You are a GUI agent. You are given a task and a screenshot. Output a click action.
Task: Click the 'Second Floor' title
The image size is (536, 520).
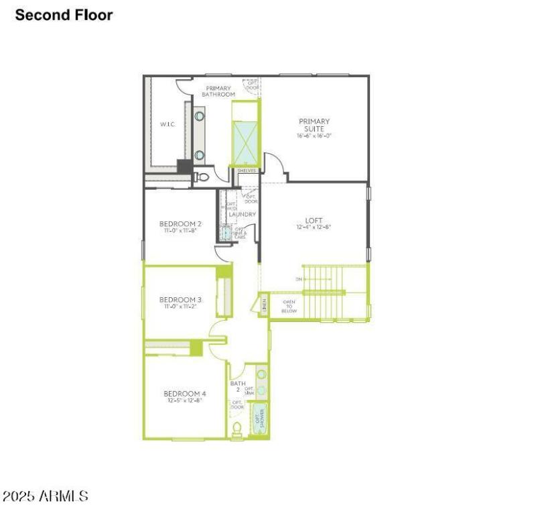click(64, 15)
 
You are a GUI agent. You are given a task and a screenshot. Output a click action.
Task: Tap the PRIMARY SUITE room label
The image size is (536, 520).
click(314, 125)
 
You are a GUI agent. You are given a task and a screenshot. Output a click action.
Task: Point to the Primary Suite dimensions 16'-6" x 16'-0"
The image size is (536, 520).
click(314, 136)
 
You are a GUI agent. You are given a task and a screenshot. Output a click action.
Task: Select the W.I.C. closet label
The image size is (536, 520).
click(167, 124)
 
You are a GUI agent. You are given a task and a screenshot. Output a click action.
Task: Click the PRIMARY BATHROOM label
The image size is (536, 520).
click(218, 91)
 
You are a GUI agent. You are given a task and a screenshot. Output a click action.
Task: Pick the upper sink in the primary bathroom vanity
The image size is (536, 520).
click(200, 116)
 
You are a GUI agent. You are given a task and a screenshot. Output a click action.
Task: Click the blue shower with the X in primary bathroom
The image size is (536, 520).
click(244, 143)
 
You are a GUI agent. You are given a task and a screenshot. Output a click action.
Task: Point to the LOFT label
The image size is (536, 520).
click(314, 219)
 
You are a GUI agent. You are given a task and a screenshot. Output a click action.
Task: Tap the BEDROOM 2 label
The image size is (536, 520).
click(180, 223)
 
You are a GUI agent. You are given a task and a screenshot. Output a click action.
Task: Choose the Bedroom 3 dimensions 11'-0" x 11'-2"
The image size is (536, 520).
click(180, 307)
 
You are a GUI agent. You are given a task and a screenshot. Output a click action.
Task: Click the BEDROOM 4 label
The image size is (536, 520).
click(185, 393)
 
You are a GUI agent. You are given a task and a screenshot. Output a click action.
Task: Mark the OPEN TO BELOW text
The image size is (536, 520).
click(289, 307)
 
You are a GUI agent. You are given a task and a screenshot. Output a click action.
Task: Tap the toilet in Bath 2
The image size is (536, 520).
click(237, 429)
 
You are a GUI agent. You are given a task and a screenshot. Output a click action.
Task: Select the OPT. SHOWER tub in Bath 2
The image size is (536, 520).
click(259, 419)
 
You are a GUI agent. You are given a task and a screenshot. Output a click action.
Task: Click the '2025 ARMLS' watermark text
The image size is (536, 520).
click(46, 497)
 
